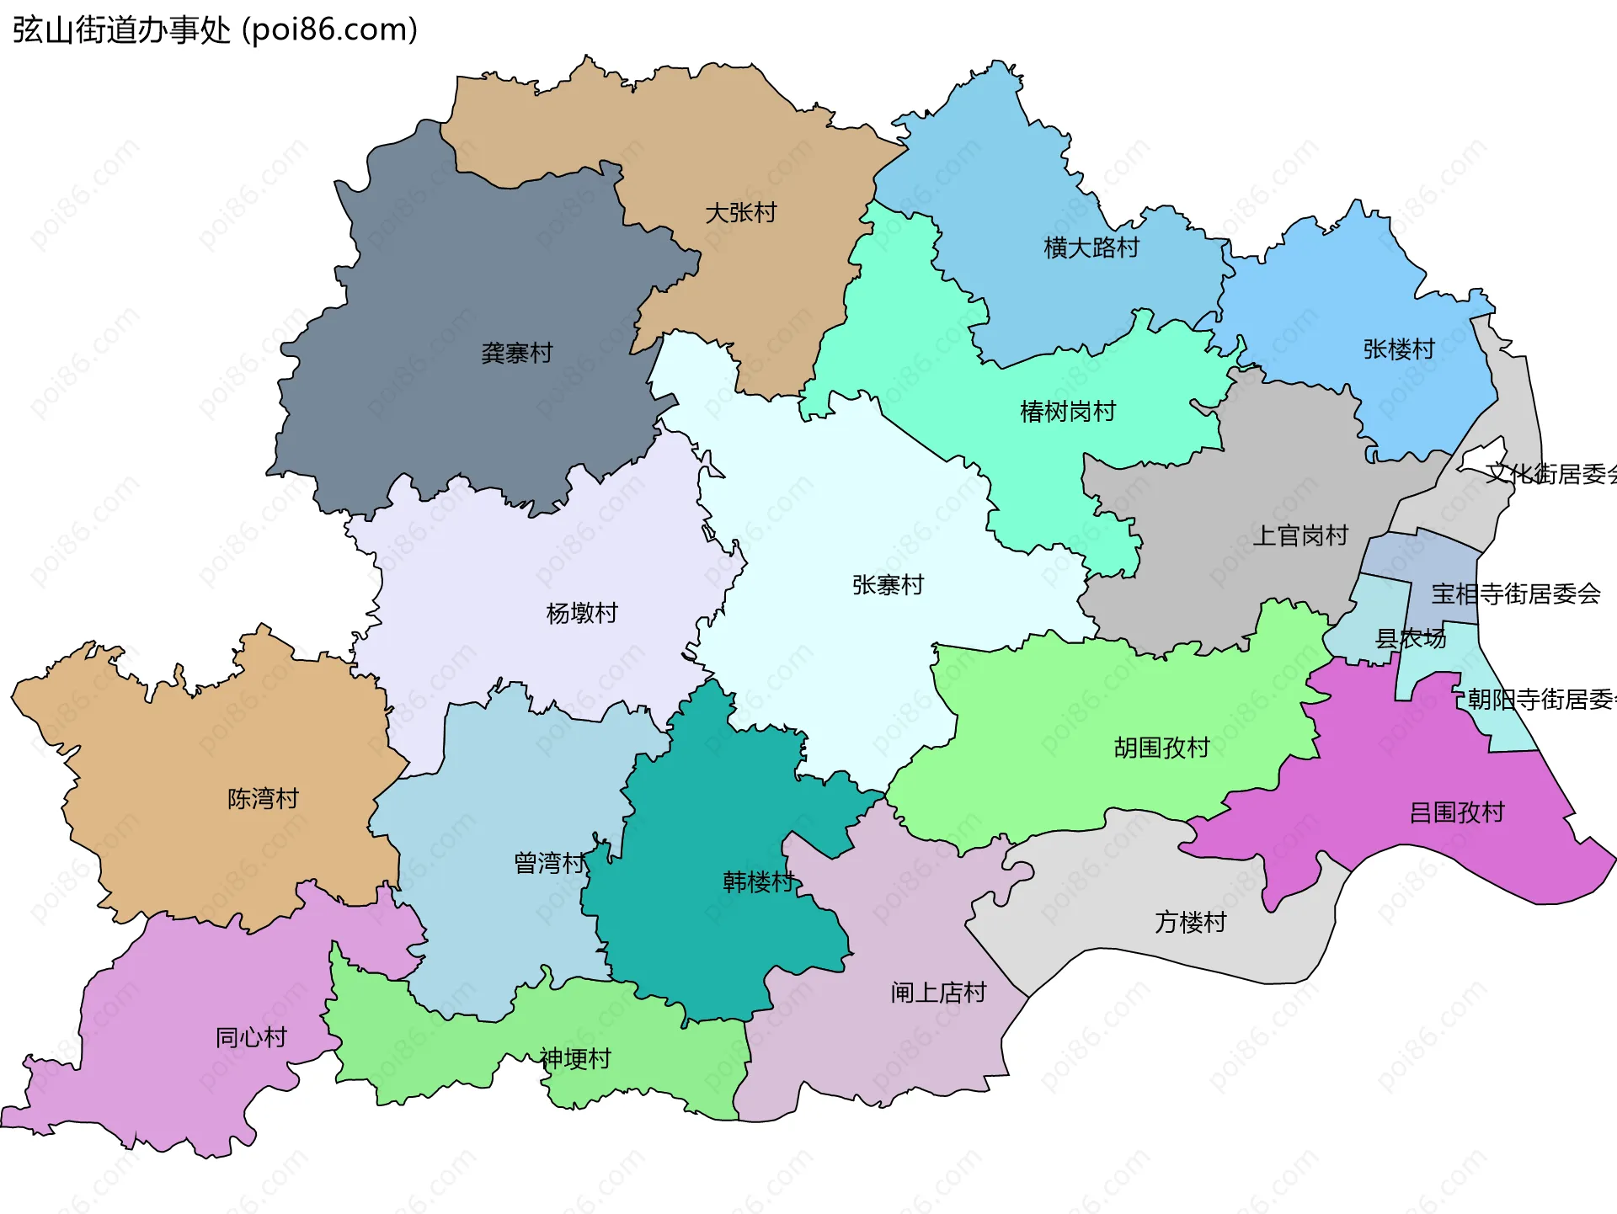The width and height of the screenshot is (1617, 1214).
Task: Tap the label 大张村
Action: [740, 213]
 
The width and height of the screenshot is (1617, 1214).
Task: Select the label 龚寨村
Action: [516, 353]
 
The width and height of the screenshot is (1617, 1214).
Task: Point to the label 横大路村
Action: [1091, 248]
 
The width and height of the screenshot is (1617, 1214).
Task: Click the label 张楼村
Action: [1398, 349]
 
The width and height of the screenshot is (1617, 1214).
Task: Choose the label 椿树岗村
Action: [1067, 412]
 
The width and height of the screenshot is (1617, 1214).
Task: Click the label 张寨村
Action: [888, 585]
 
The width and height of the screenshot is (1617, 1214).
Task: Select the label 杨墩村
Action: [581, 613]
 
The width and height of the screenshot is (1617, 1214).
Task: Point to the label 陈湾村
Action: [263, 798]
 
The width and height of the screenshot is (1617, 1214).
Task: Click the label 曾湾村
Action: [549, 863]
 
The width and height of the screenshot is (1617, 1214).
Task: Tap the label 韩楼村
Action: [758, 882]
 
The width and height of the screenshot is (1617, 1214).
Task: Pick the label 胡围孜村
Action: [1161, 748]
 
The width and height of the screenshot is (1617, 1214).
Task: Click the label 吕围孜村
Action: [1456, 812]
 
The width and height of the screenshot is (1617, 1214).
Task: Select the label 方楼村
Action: [1190, 923]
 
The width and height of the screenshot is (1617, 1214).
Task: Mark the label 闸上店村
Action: [938, 993]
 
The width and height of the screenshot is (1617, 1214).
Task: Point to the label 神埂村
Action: [575, 1058]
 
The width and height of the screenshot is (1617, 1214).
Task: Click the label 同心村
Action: [251, 1037]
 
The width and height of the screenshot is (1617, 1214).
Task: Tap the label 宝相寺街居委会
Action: [1515, 594]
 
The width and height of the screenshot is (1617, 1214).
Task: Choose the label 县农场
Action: [1410, 639]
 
